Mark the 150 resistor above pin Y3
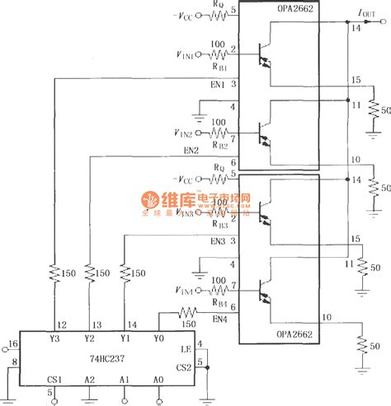click(54, 271)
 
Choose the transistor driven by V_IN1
click(265, 54)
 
